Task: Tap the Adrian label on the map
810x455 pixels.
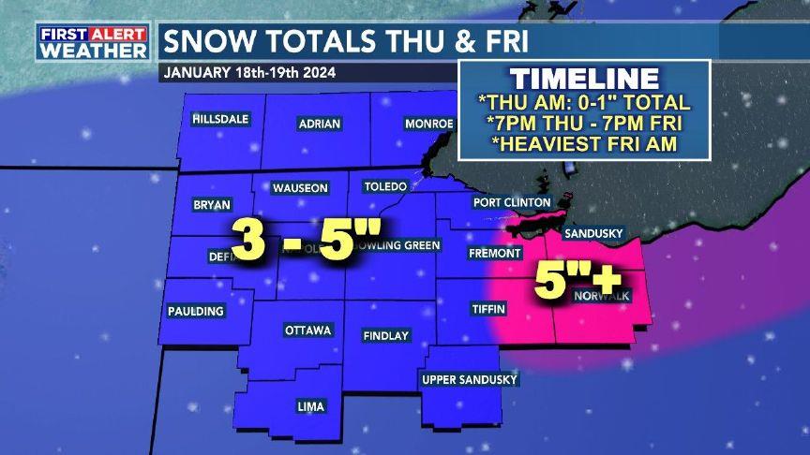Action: coord(319,124)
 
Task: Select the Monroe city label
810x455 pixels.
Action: coord(428,124)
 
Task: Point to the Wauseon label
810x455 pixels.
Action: coord(300,188)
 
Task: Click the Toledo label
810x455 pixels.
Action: coord(384,186)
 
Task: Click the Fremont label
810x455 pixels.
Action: coord(494,254)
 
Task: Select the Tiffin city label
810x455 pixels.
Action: coord(488,308)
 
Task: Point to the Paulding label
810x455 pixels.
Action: coord(196,311)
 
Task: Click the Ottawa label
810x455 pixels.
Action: coord(307,330)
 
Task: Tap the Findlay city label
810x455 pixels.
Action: coord(386,335)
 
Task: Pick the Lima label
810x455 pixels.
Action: coord(310,406)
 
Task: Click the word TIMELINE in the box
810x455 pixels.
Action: coord(585,79)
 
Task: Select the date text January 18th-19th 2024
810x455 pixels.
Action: coord(249,72)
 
